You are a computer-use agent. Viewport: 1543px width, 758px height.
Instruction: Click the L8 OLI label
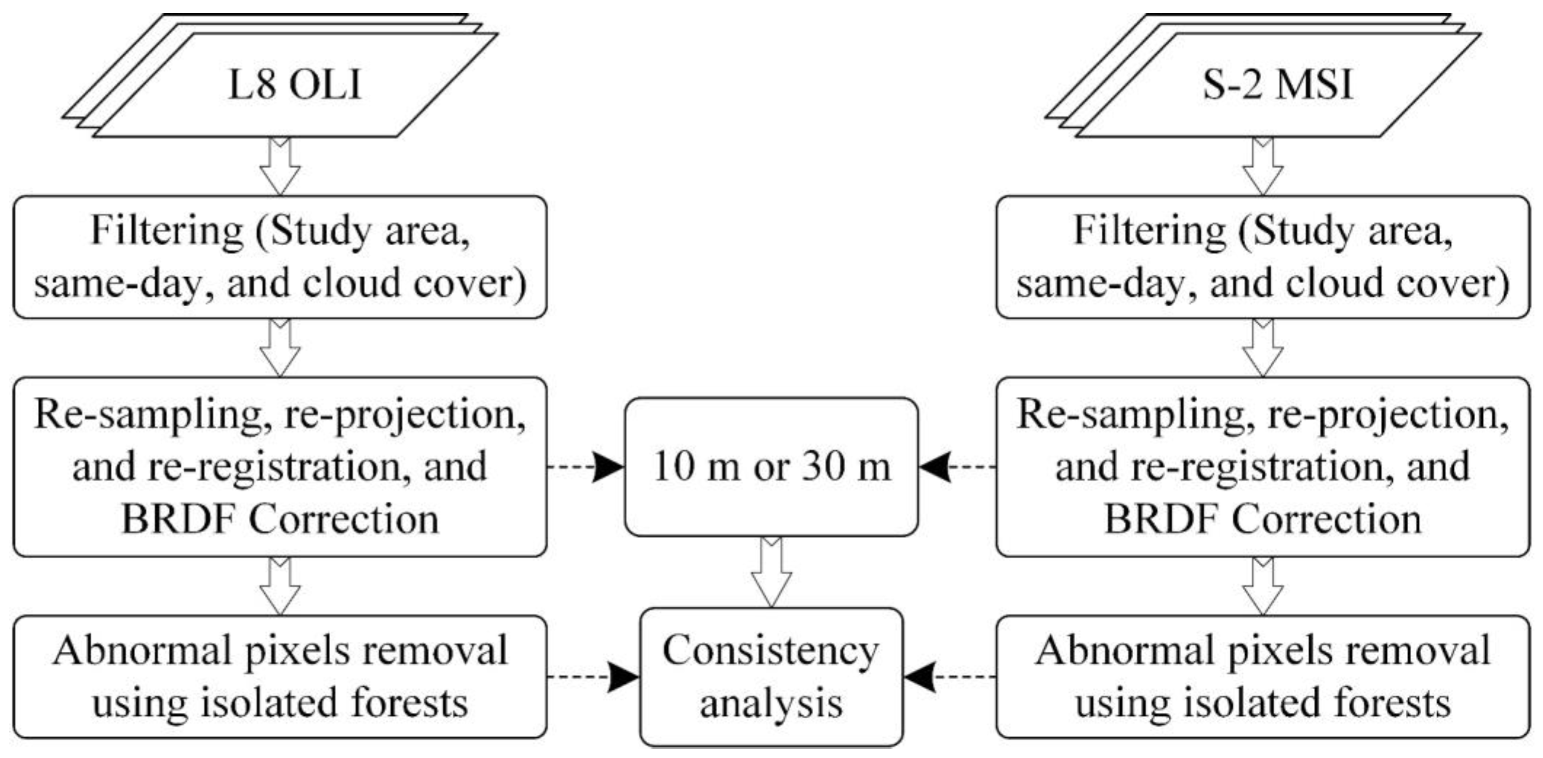(295, 84)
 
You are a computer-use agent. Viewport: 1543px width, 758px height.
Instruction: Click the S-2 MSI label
(1278, 84)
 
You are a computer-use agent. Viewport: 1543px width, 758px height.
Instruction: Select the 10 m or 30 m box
(771, 466)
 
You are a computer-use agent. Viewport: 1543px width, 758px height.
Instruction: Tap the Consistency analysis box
(771, 677)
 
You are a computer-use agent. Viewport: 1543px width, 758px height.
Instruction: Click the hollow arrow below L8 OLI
(280, 166)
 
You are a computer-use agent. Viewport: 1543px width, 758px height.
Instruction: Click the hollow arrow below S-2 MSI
(1263, 166)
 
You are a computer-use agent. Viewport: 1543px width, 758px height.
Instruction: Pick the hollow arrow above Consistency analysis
(771, 572)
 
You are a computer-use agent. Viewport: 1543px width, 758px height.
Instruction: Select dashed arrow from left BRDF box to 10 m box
(586, 466)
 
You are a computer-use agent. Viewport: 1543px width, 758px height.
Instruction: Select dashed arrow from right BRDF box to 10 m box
(957, 466)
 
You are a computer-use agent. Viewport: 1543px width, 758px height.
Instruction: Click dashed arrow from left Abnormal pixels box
(593, 677)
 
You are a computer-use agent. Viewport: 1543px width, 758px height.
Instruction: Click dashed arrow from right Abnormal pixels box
(950, 677)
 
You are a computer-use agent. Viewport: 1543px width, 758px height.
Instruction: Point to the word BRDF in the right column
(1161, 519)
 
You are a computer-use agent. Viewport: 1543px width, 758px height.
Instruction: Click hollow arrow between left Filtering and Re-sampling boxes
(280, 347)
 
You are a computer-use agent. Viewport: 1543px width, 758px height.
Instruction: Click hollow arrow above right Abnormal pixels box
(1263, 585)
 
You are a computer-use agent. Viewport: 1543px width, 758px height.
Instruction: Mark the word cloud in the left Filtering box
(351, 283)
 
